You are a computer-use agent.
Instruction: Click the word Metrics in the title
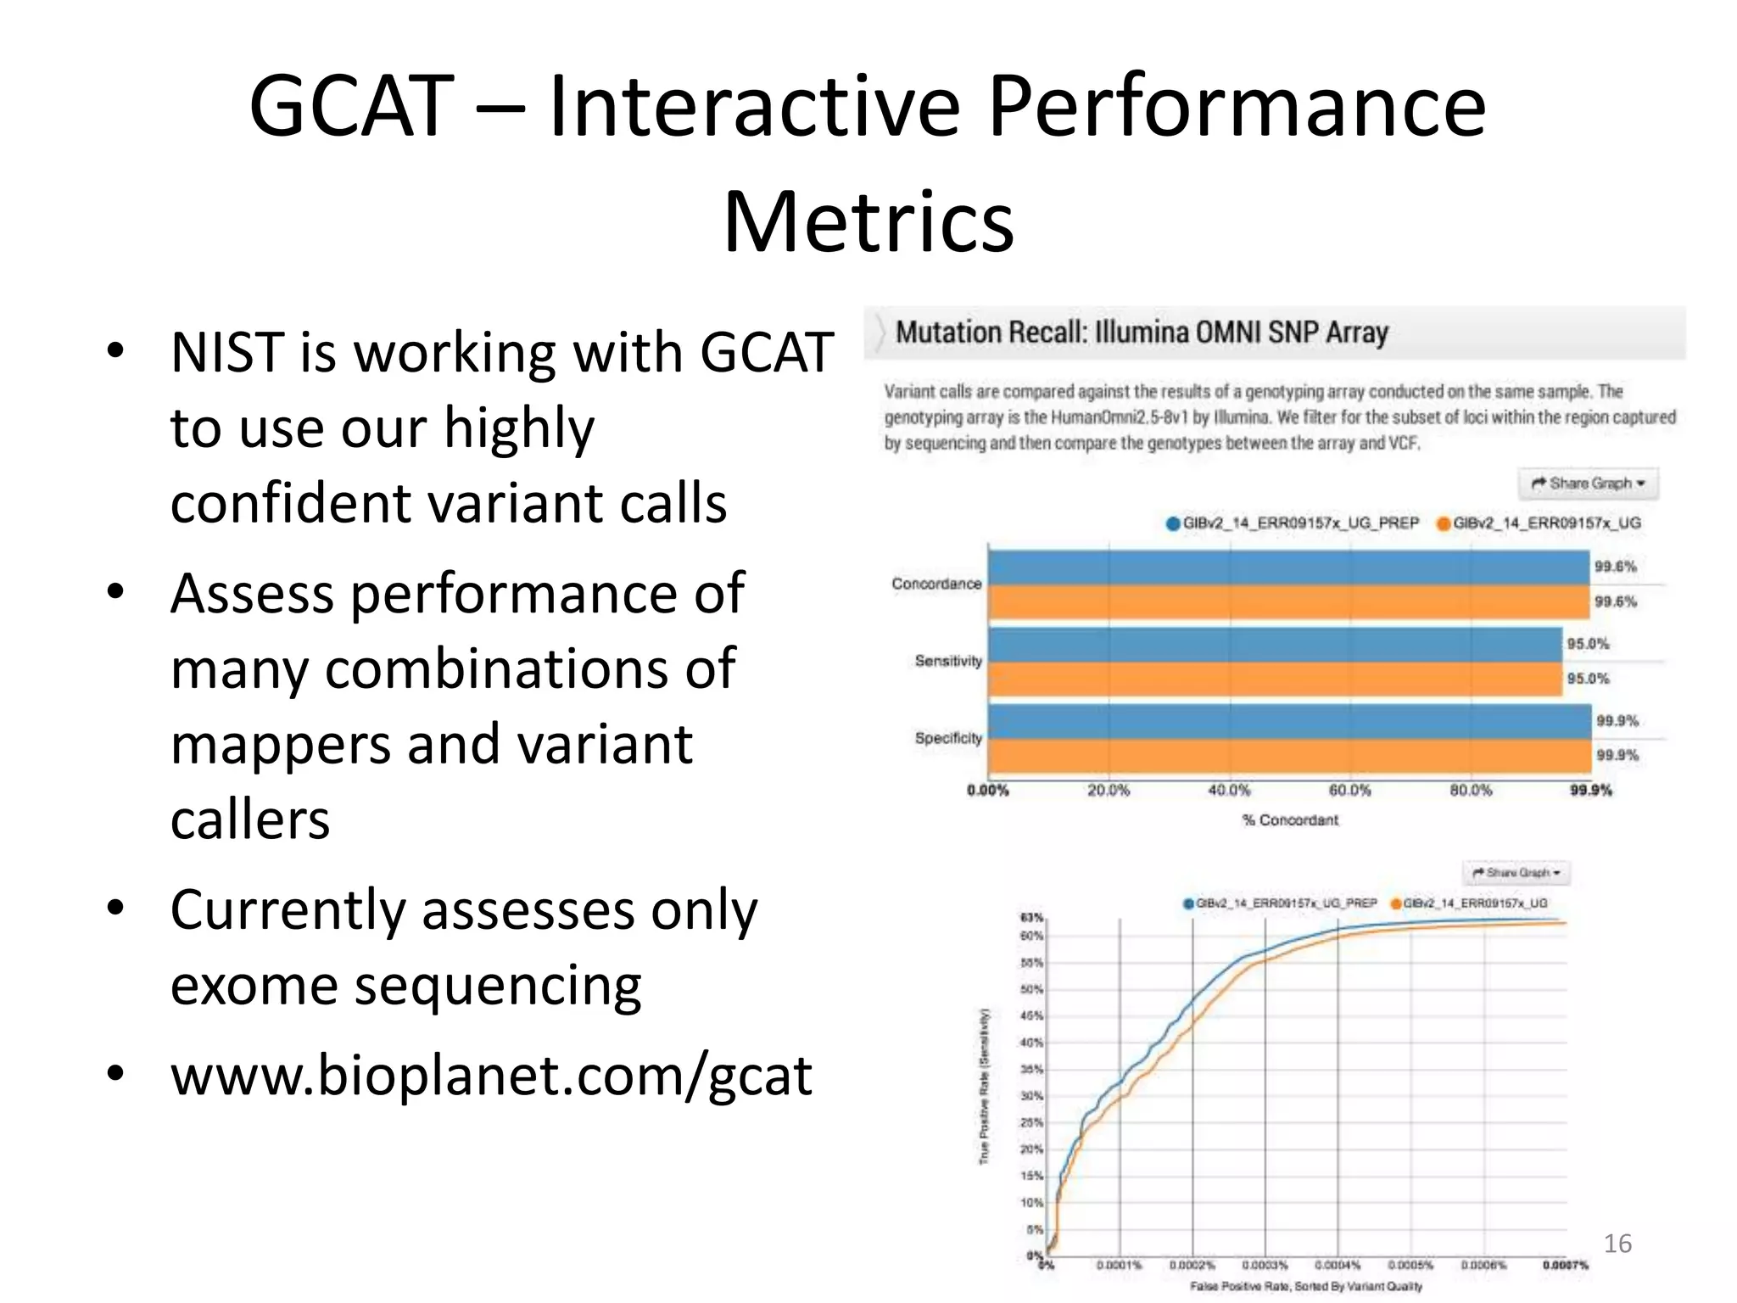868,222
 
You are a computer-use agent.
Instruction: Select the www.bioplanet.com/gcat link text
491,1075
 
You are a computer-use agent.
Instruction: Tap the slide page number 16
1617,1244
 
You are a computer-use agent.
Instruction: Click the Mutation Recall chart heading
1141,333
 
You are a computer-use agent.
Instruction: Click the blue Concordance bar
1287,568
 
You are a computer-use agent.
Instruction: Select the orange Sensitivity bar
1275,679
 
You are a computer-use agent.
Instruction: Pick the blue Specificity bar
1289,722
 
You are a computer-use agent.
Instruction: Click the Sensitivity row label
947,661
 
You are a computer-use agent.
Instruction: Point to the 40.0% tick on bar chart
1229,791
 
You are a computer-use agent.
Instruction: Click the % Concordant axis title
1289,820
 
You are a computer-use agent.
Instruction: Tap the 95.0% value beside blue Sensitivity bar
1588,644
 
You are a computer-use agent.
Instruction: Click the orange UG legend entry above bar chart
1539,523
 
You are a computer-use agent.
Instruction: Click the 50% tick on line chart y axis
1031,990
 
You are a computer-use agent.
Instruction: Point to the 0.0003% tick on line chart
1265,1265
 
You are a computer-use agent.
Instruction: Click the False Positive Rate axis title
1305,1287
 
